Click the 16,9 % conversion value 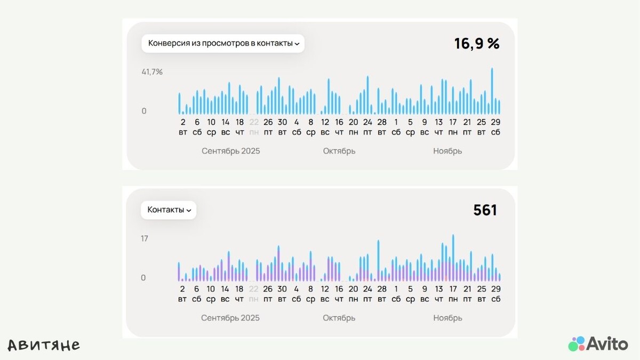[476, 44]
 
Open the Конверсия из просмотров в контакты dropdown [223, 44]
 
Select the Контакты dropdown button [169, 210]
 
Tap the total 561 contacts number [485, 210]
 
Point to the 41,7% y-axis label [152, 72]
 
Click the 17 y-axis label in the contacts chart [145, 238]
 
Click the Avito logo [598, 343]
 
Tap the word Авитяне [44, 345]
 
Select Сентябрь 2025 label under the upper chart [231, 151]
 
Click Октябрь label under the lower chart [339, 318]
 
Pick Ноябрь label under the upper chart [447, 151]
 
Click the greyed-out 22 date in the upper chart [254, 122]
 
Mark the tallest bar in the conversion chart [492, 91]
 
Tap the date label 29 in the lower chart [495, 289]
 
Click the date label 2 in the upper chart [182, 122]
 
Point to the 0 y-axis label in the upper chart [144, 111]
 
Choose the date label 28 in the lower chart [381, 289]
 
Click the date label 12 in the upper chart [325, 122]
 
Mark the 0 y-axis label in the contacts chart [143, 278]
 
